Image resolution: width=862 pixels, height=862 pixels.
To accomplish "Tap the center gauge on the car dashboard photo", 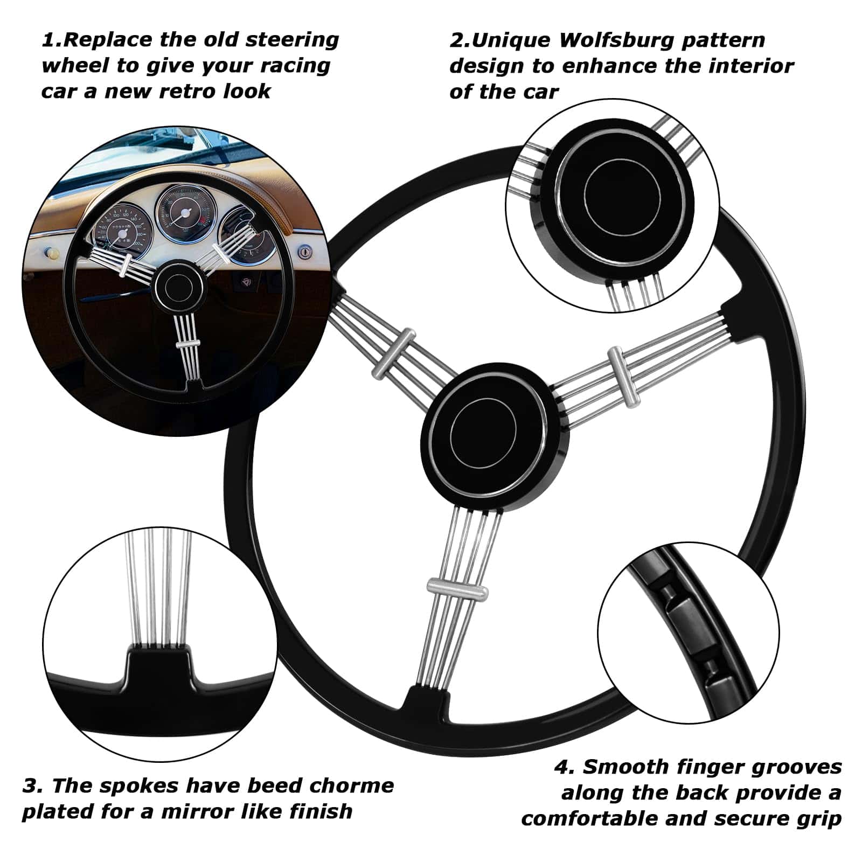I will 186,212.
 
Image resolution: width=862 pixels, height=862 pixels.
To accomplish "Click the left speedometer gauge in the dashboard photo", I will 121,232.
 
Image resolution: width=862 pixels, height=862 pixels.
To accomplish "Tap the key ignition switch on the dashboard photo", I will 305,251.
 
